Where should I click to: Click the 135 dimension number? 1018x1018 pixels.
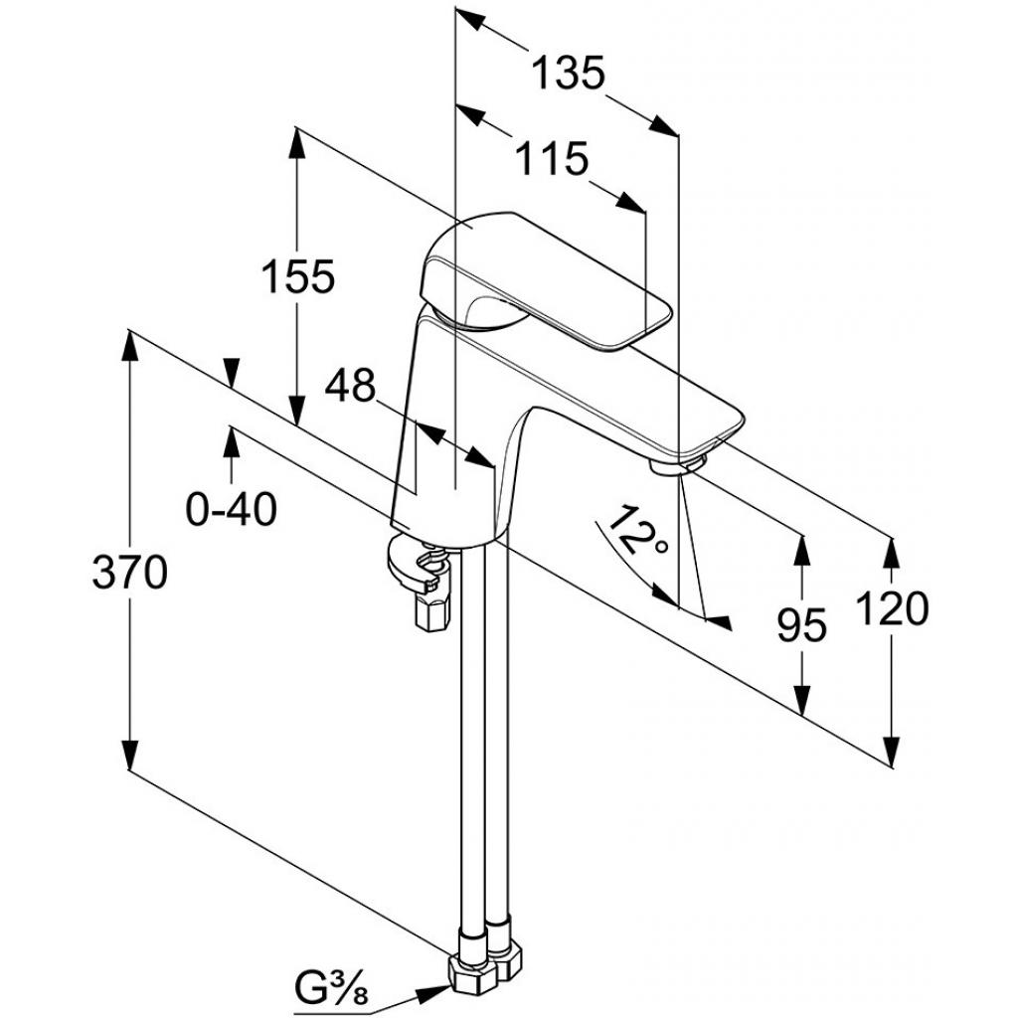pyautogui.click(x=567, y=74)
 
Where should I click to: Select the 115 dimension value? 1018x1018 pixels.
pyautogui.click(x=552, y=158)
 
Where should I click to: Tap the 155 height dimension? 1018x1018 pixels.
pyautogui.click(x=297, y=277)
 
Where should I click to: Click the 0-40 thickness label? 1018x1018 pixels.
pyautogui.click(x=231, y=510)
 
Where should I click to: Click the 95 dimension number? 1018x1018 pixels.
pyautogui.click(x=801, y=625)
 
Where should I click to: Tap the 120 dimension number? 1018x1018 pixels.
pyautogui.click(x=891, y=608)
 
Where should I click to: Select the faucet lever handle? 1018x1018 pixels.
pyautogui.click(x=547, y=278)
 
